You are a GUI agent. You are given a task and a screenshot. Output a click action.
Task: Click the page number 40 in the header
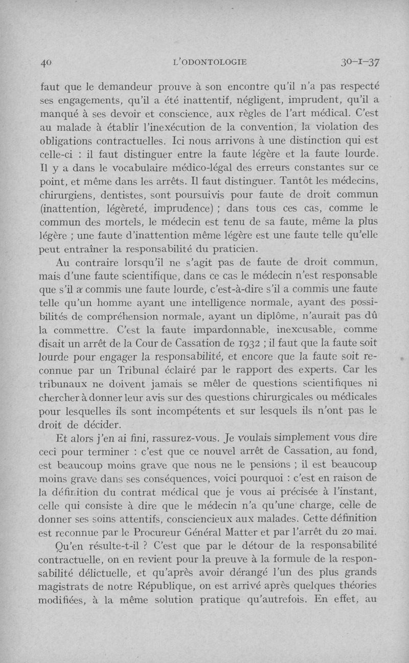[x=47, y=62]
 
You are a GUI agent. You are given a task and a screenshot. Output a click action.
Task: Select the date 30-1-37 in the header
[x=359, y=62]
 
